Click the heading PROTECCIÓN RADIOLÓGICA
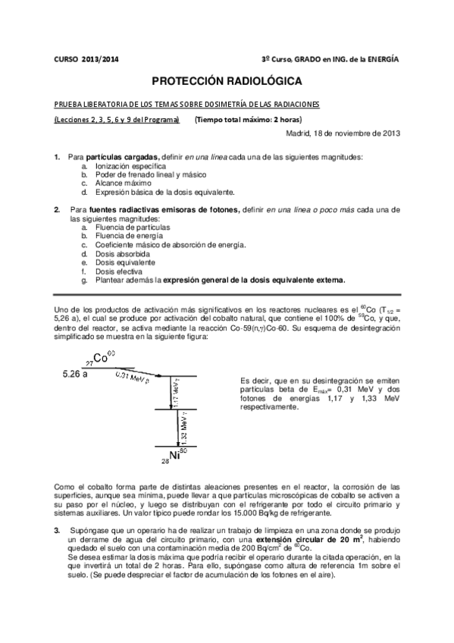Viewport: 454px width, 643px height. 227,80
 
